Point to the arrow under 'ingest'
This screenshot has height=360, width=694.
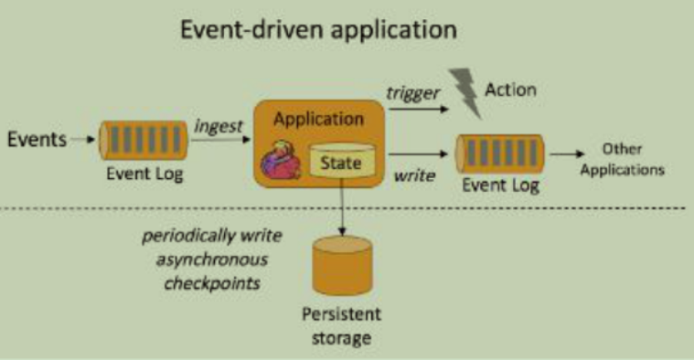pyautogui.click(x=219, y=141)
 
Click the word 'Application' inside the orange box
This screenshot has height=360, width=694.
pyautogui.click(x=319, y=119)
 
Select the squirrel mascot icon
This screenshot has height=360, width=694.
pyautogui.click(x=284, y=163)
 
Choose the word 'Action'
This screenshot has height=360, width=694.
pyautogui.click(x=510, y=90)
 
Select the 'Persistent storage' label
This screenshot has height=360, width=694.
pyautogui.click(x=342, y=326)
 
